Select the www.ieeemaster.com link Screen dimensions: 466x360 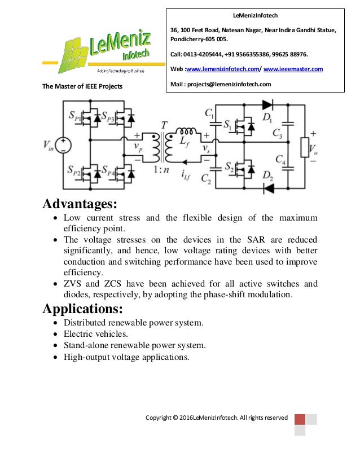coord(293,69)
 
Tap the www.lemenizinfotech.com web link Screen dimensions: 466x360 coord(222,69)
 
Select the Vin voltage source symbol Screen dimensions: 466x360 coord(63,146)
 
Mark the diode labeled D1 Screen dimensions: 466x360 coord(267,104)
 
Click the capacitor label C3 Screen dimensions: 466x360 coord(278,134)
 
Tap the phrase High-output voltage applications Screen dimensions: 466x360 coord(126,357)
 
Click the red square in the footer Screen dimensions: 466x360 coord(300,419)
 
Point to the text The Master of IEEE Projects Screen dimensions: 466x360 coord(82,86)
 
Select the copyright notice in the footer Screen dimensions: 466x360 coord(217,418)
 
